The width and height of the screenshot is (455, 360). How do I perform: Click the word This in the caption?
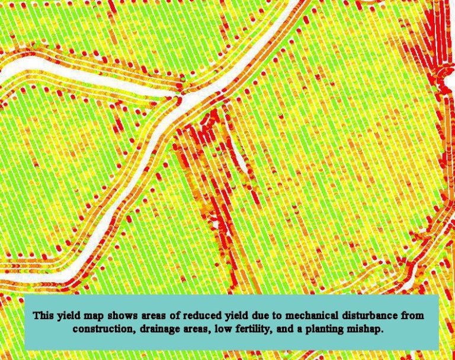pos(43,315)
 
